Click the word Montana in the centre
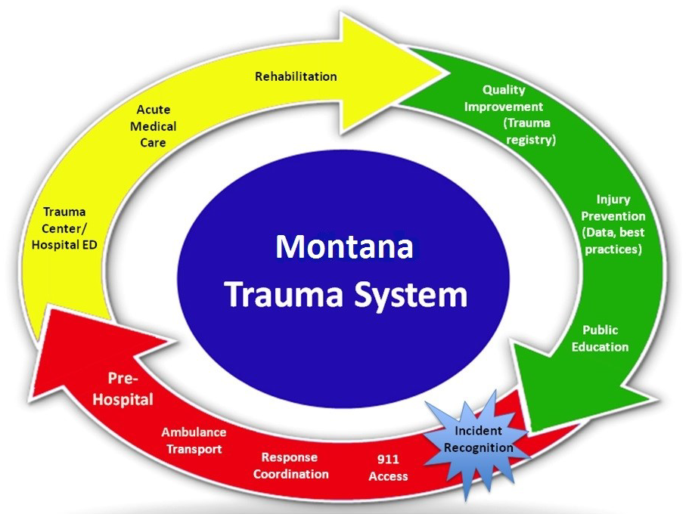pos(344,247)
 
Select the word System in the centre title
pos(408,295)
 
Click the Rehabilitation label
pos(296,76)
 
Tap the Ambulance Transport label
pos(194,440)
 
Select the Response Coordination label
pos(290,466)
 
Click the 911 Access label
pos(388,467)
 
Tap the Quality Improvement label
pos(504,98)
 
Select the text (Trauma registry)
pos(529,132)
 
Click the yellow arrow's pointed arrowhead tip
pos(442,73)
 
